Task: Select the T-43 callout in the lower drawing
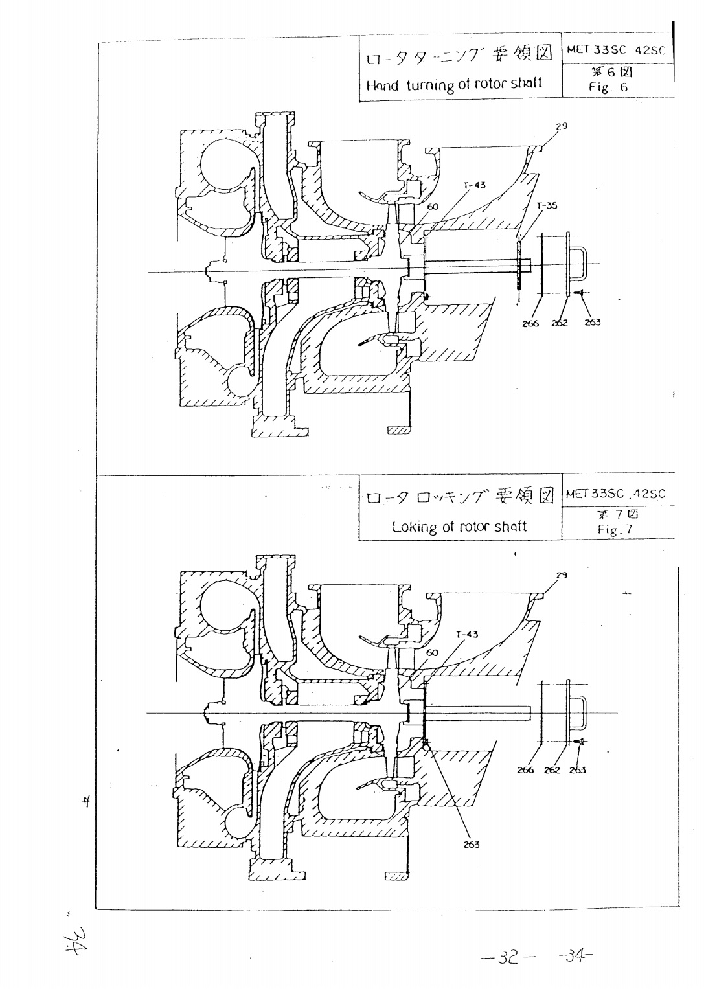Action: [467, 635]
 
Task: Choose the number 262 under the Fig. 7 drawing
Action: [552, 771]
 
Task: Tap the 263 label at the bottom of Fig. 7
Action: [471, 845]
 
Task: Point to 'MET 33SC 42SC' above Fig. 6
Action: [616, 50]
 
